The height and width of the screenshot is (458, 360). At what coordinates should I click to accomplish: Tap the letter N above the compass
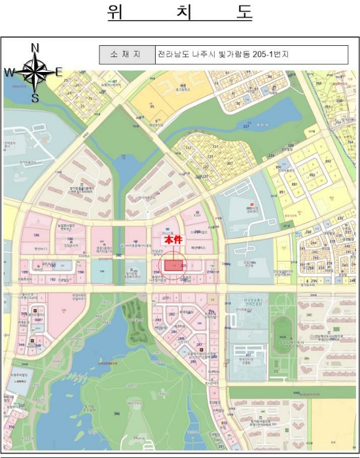pyautogui.click(x=35, y=47)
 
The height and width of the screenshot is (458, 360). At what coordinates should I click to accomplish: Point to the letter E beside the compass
pyautogui.click(x=58, y=72)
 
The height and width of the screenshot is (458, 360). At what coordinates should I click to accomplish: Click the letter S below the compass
pyautogui.click(x=35, y=98)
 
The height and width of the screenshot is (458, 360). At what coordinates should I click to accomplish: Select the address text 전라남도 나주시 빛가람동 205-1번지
pyautogui.click(x=223, y=54)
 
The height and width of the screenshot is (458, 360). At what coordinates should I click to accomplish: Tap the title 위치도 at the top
pyautogui.click(x=180, y=13)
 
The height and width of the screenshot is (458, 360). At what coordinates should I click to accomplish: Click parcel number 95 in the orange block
pyautogui.click(x=153, y=105)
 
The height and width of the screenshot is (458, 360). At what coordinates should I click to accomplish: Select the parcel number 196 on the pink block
pyautogui.click(x=37, y=234)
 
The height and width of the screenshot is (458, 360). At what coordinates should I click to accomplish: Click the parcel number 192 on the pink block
pyautogui.click(x=52, y=279)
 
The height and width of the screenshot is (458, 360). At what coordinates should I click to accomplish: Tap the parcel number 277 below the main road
pyautogui.click(x=166, y=298)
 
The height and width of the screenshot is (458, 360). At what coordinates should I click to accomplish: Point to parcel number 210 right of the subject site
pyautogui.click(x=210, y=272)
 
